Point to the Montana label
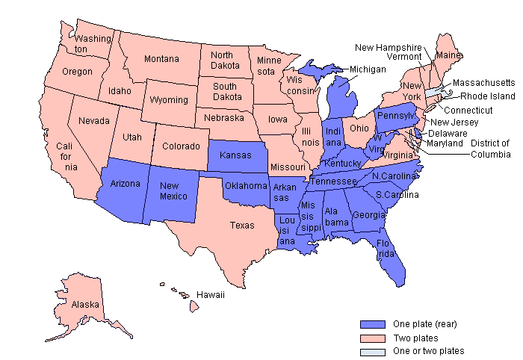[161, 59]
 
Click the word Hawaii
[211, 295]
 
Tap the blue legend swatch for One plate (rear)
[372, 324]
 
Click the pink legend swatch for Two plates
[372, 338]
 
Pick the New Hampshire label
[388, 47]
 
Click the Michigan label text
[367, 69]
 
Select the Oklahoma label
[246, 185]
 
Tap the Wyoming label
[169, 99]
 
